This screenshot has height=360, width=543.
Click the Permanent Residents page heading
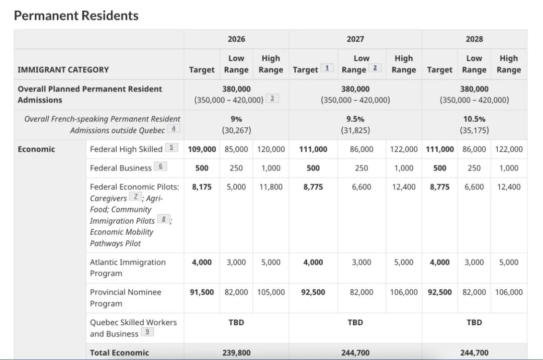(x=76, y=16)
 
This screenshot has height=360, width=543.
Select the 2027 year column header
(x=355, y=39)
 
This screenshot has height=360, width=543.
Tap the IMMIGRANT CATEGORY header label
(x=63, y=69)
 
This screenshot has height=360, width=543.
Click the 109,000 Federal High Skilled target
(x=202, y=149)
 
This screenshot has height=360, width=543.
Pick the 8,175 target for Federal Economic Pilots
(x=202, y=187)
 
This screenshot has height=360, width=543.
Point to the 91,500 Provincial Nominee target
(x=202, y=292)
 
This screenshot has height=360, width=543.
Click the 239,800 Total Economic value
(x=236, y=352)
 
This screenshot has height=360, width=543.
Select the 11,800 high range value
(x=271, y=187)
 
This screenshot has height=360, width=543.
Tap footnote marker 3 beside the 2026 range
(x=272, y=99)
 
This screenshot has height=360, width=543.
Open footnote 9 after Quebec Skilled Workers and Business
(x=147, y=332)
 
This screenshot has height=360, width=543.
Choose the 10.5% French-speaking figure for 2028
(x=474, y=119)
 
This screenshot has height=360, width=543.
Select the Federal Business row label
(x=121, y=168)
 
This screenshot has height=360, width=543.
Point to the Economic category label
(x=36, y=149)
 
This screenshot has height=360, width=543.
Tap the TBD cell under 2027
(x=355, y=322)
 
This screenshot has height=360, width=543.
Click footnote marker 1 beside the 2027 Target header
(x=327, y=68)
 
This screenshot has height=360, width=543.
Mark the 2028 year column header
(x=474, y=39)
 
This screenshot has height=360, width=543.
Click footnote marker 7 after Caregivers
(x=135, y=197)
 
